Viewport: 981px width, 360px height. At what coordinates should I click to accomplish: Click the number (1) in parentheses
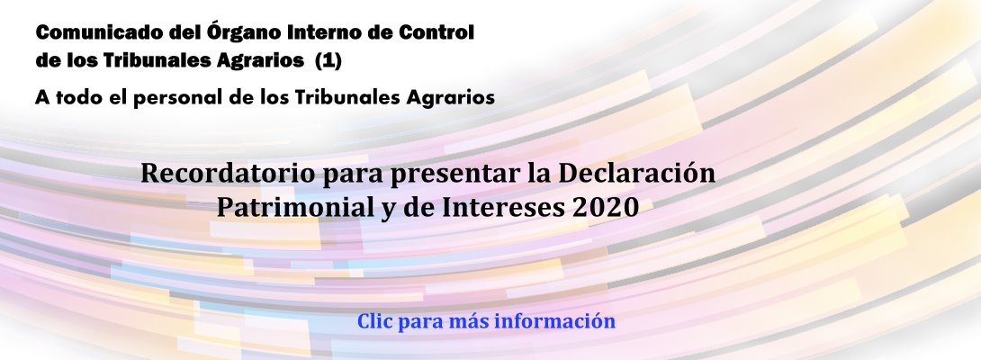(x=328, y=60)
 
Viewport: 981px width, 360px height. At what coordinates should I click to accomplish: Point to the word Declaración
(x=637, y=174)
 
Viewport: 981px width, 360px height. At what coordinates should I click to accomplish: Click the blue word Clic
(x=374, y=321)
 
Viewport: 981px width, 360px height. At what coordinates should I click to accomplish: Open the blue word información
(x=555, y=321)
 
